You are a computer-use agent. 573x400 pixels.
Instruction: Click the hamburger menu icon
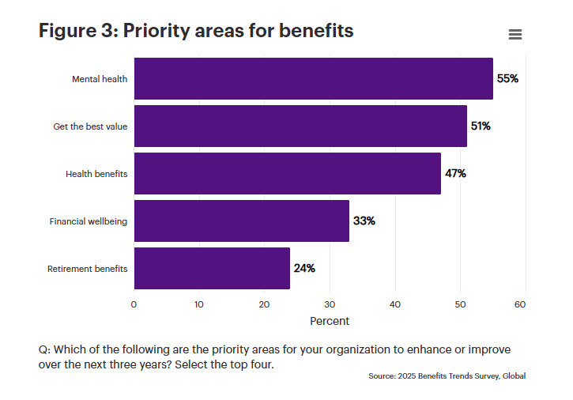click(x=515, y=35)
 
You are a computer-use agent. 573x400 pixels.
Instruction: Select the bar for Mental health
click(x=313, y=79)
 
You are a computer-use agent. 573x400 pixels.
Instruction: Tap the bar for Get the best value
click(x=300, y=126)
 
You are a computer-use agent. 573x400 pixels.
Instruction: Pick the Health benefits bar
click(x=287, y=174)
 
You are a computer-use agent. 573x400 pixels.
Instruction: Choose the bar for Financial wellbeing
click(x=241, y=221)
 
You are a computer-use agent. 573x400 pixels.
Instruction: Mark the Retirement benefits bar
click(x=212, y=269)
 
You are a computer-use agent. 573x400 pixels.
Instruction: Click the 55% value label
click(x=507, y=79)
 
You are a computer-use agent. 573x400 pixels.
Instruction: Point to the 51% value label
click(x=481, y=126)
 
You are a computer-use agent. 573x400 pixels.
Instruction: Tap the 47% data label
click(x=455, y=174)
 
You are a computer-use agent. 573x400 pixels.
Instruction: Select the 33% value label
click(x=364, y=221)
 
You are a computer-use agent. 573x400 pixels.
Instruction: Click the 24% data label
click(x=304, y=269)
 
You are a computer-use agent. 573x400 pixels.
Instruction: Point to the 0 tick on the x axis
click(x=134, y=304)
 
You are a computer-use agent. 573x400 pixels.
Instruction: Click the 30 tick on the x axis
click(x=330, y=304)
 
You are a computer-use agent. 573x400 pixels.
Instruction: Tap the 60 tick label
click(x=520, y=304)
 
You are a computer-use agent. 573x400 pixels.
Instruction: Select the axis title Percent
click(x=329, y=322)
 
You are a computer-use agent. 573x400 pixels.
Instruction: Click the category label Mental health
click(x=100, y=79)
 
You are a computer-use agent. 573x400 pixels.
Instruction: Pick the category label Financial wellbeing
click(x=89, y=221)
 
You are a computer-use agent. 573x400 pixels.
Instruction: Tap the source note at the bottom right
click(x=447, y=376)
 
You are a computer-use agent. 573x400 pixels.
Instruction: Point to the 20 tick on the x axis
click(x=264, y=304)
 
